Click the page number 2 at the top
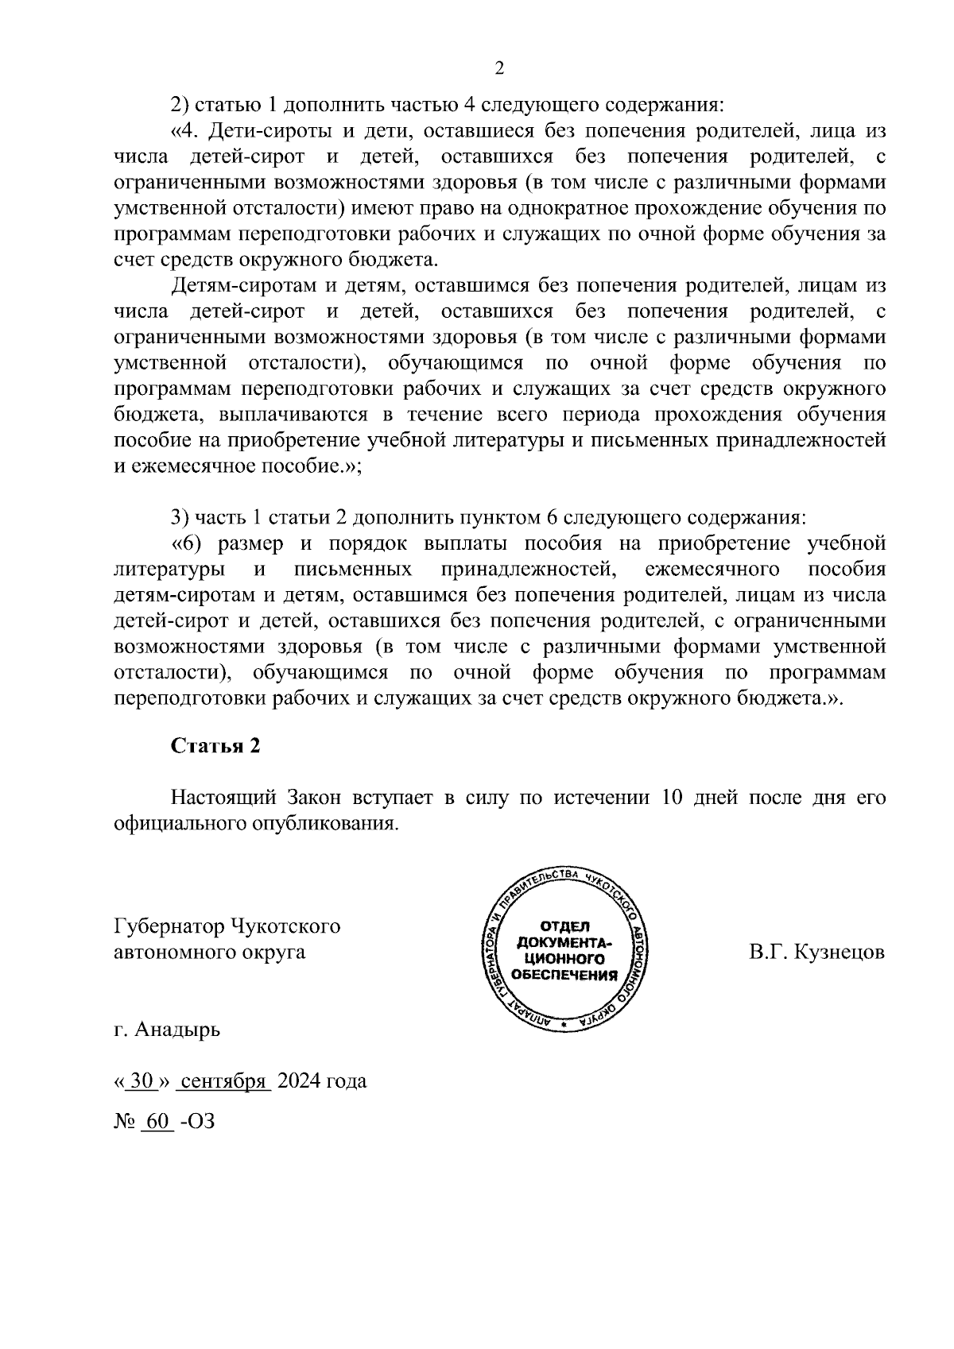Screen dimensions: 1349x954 coord(499,68)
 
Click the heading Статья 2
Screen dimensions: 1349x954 coord(215,746)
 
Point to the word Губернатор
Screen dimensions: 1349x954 coord(169,926)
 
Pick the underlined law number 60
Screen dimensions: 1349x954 coord(158,1122)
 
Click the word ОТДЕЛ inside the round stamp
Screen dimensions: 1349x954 coord(564,927)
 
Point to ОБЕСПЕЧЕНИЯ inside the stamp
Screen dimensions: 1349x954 coord(564,975)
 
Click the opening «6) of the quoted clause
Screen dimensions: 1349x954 coord(189,544)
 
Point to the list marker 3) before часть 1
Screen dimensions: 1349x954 coord(180,518)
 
